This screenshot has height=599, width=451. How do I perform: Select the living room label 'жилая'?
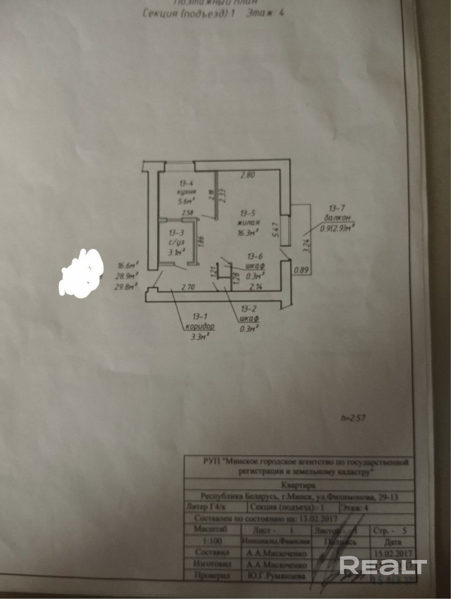(248, 222)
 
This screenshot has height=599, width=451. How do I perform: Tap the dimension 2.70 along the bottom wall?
(188, 287)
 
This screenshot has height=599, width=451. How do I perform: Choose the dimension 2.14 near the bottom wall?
(256, 286)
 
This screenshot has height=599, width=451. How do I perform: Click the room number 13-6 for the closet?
(255, 257)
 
